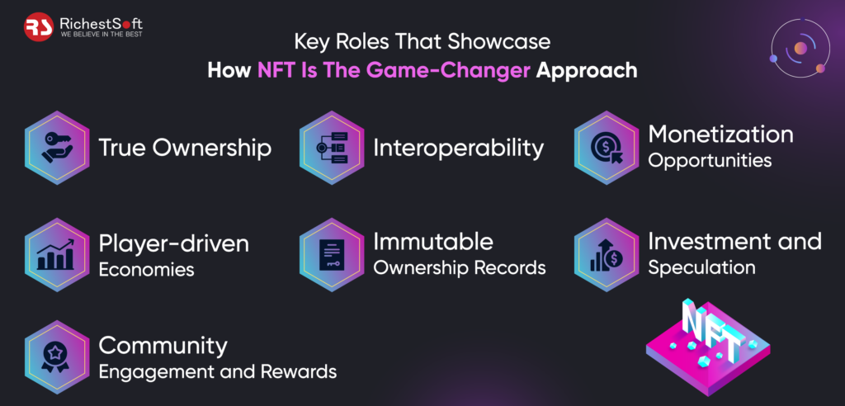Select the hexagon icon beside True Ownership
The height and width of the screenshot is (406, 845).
click(57, 148)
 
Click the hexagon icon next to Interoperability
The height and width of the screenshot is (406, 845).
click(331, 148)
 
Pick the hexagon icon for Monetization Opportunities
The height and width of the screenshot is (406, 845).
click(606, 148)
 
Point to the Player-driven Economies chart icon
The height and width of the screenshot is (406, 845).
click(57, 255)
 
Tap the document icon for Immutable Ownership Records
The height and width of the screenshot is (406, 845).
click(331, 255)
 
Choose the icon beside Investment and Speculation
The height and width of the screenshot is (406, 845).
click(606, 255)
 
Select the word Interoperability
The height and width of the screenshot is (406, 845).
click(459, 149)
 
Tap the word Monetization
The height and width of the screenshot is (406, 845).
click(720, 134)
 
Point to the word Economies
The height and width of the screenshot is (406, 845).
click(146, 270)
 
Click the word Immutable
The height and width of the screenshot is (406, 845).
click(433, 242)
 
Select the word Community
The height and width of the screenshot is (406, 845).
click(163, 345)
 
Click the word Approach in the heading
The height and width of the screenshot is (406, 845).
click(587, 70)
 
